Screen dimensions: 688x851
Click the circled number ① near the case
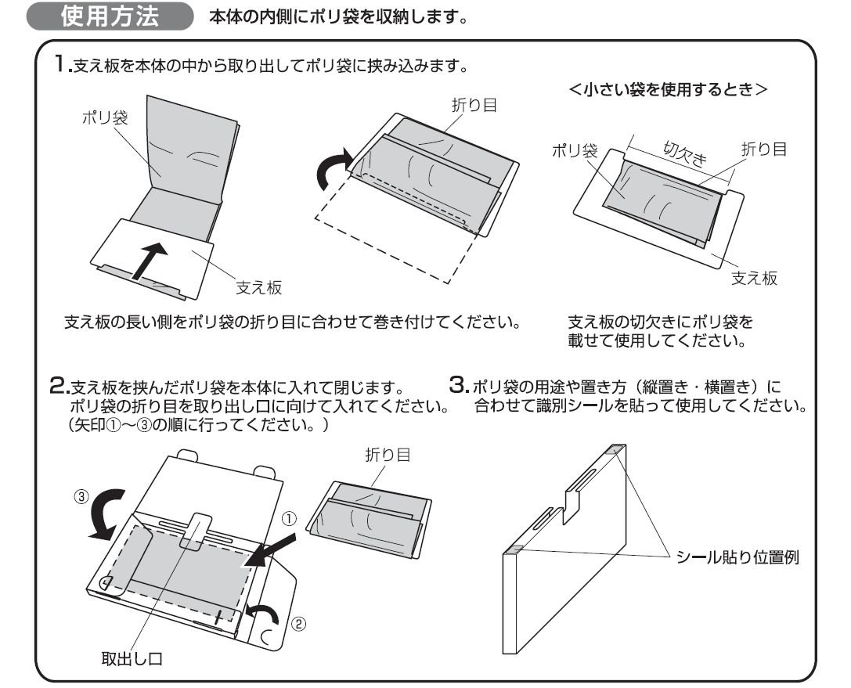pyautogui.click(x=289, y=517)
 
